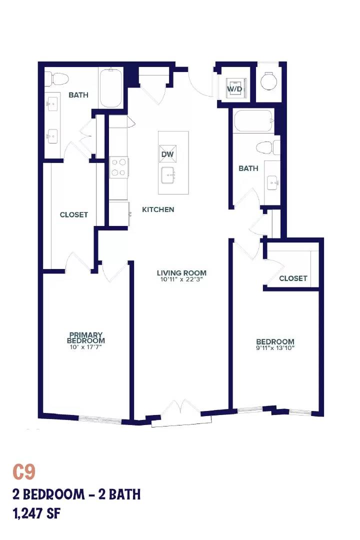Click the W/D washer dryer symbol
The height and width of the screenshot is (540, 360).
[x=235, y=89]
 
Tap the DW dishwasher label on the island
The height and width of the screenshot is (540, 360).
[x=167, y=154]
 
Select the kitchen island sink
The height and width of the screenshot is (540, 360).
[x=168, y=175]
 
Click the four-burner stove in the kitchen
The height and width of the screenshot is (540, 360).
[x=119, y=167]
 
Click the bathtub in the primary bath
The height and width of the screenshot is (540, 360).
[x=110, y=88]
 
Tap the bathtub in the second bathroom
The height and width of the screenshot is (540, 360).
[x=254, y=121]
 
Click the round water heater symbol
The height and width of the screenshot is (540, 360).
[x=268, y=81]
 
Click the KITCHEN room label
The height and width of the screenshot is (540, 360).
[x=158, y=209]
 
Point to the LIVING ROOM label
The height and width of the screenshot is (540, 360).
[x=182, y=273]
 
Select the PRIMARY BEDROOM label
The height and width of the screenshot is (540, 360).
[x=86, y=337]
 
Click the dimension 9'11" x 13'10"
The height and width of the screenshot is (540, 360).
[x=275, y=347]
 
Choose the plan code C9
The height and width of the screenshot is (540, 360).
[x=24, y=472]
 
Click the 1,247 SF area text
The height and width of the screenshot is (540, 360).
[x=36, y=514]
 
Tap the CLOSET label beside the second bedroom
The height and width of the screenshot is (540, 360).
[x=293, y=278]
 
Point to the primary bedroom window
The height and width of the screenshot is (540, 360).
[x=100, y=419]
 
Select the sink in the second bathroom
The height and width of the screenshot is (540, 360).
[x=274, y=181]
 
